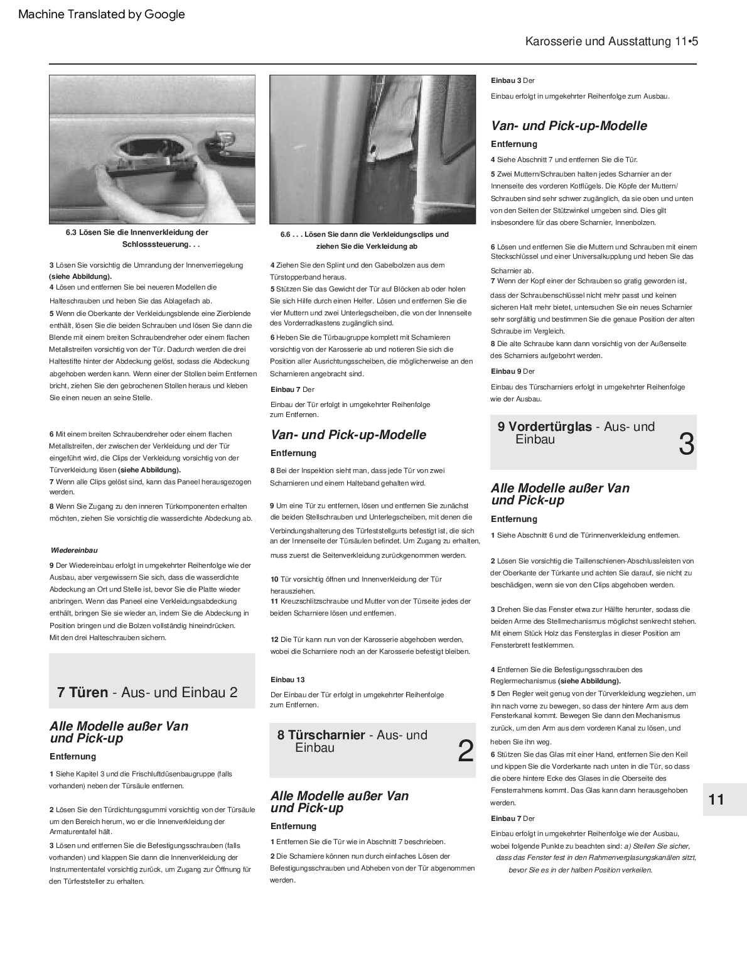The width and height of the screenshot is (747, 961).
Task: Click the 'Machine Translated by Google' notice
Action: click(102, 14)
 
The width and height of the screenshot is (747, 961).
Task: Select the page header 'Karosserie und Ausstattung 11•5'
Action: click(611, 41)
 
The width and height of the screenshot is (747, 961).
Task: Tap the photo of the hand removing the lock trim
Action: click(153, 149)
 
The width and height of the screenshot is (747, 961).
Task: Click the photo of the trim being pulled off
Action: click(373, 149)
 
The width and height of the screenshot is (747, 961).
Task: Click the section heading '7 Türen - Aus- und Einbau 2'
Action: click(148, 692)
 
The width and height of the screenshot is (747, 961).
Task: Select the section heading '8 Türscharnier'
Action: click(352, 741)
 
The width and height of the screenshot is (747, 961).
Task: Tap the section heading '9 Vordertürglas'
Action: click(576, 433)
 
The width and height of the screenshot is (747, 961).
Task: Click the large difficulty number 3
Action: click(687, 445)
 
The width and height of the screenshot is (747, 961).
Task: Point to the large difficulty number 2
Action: click(465, 751)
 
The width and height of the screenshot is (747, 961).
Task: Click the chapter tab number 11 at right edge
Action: click(716, 800)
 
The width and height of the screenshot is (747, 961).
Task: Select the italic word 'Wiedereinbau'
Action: click(74, 550)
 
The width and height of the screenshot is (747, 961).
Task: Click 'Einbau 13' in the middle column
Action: click(288, 680)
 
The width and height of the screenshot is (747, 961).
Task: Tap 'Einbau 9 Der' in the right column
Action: click(513, 371)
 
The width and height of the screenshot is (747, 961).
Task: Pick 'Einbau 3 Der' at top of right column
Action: click(513, 80)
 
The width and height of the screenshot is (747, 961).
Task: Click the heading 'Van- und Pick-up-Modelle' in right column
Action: click(569, 126)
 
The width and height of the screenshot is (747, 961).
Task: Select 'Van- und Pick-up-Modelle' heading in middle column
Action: click(348, 435)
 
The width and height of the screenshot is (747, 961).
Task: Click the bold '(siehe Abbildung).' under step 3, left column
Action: click(81, 276)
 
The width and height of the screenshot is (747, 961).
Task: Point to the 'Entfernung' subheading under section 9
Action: click(514, 519)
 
